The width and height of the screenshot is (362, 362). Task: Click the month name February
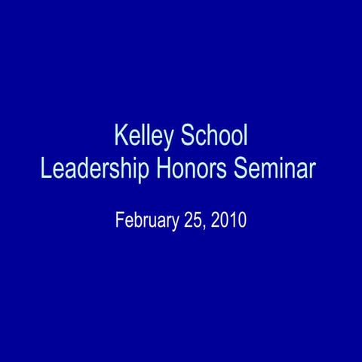146,221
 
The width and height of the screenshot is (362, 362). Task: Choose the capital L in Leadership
45,167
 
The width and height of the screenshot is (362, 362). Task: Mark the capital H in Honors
163,167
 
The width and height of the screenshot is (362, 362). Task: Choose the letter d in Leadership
81,167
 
